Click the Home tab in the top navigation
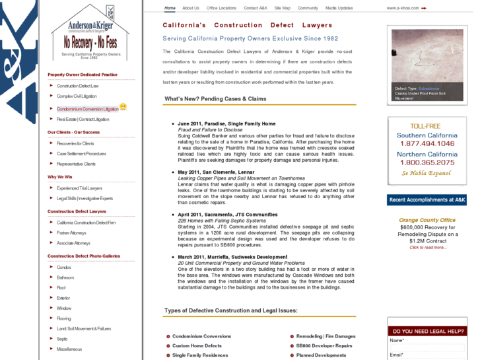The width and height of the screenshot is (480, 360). pyautogui.click(x=170, y=8)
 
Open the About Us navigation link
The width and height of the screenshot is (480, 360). pyautogui.click(x=191, y=8)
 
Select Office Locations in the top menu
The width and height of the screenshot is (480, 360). pyautogui.click(x=221, y=8)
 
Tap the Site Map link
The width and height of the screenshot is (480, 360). pyautogui.click(x=282, y=8)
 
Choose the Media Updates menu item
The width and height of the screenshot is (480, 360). pyautogui.click(x=339, y=8)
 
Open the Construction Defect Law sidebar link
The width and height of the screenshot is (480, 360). pyautogui.click(x=77, y=86)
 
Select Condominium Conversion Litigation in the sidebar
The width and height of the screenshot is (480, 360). pyautogui.click(x=87, y=108)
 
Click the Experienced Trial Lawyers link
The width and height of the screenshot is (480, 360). pyautogui.click(x=79, y=188)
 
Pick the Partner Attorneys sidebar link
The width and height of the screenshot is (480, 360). pyautogui.click(x=71, y=233)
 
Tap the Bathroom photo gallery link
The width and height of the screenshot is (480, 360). pyautogui.click(x=65, y=277)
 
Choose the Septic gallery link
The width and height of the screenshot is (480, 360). pyautogui.click(x=62, y=339)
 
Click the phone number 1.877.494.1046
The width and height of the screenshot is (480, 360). pyautogui.click(x=427, y=143)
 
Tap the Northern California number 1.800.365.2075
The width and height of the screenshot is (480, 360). pyautogui.click(x=427, y=162)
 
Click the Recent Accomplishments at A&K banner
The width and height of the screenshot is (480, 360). pyautogui.click(x=427, y=199)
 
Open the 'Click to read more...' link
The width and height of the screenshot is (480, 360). pyautogui.click(x=427, y=248)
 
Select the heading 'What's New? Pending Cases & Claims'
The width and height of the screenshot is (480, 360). pyautogui.click(x=215, y=99)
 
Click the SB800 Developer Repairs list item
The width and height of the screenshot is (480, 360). pyautogui.click(x=324, y=345)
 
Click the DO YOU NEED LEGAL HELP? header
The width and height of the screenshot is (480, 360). pyautogui.click(x=428, y=331)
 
